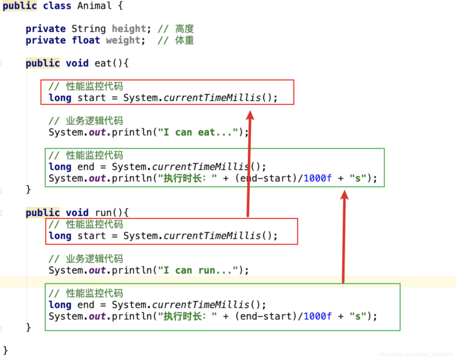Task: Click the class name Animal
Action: click(x=94, y=6)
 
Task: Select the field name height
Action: click(x=129, y=29)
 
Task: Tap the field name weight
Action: click(x=123, y=40)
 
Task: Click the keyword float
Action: click(x=86, y=40)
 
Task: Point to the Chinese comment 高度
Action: click(x=184, y=29)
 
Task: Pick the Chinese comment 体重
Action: click(x=184, y=40)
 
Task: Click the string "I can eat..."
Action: click(x=198, y=132)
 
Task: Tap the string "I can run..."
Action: click(x=198, y=270)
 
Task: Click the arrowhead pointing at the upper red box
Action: click(x=250, y=115)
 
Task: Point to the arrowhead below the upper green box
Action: click(x=344, y=195)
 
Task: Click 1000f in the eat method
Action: click(x=318, y=178)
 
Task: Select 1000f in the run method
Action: click(x=318, y=316)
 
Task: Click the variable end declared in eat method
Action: click(x=86, y=167)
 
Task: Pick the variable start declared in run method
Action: click(x=92, y=236)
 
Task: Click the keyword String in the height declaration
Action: click(x=89, y=29)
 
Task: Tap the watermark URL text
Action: click(x=416, y=354)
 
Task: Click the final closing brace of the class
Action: click(x=6, y=350)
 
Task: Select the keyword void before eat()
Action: click(x=77, y=63)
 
